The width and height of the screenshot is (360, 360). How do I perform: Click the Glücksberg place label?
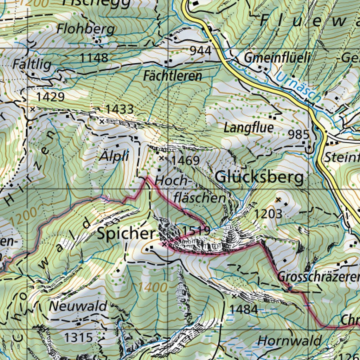pyautogui.click(x=259, y=178)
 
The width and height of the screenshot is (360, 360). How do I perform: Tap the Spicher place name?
pyautogui.click(x=126, y=234)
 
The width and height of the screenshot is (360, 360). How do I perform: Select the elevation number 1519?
pyautogui.click(x=196, y=231)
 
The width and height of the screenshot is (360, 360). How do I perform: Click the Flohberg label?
pyautogui.click(x=86, y=29)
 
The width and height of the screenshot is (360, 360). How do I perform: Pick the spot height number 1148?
pyautogui.click(x=94, y=58)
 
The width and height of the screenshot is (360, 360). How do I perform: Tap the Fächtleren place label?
pyautogui.click(x=173, y=76)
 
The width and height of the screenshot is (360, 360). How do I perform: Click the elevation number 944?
pyautogui.click(x=200, y=51)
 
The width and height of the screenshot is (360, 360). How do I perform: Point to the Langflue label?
pyautogui.click(x=249, y=128)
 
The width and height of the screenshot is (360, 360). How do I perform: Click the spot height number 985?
pyautogui.click(x=298, y=134)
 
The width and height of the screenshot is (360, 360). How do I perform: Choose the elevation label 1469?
pyautogui.click(x=186, y=161)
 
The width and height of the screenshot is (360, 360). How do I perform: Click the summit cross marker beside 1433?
pyautogui.click(x=102, y=122)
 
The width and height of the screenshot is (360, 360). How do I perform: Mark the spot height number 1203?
pyautogui.click(x=268, y=213)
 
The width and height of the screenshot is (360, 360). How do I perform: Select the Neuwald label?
pyautogui.click(x=78, y=306)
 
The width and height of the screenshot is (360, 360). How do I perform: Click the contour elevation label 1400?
pyautogui.click(x=152, y=288)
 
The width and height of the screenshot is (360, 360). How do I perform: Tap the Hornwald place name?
pyautogui.click(x=289, y=341)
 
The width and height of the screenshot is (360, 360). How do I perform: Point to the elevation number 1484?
pyautogui.click(x=244, y=309)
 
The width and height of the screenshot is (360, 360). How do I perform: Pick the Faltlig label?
pyautogui.click(x=32, y=64)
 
